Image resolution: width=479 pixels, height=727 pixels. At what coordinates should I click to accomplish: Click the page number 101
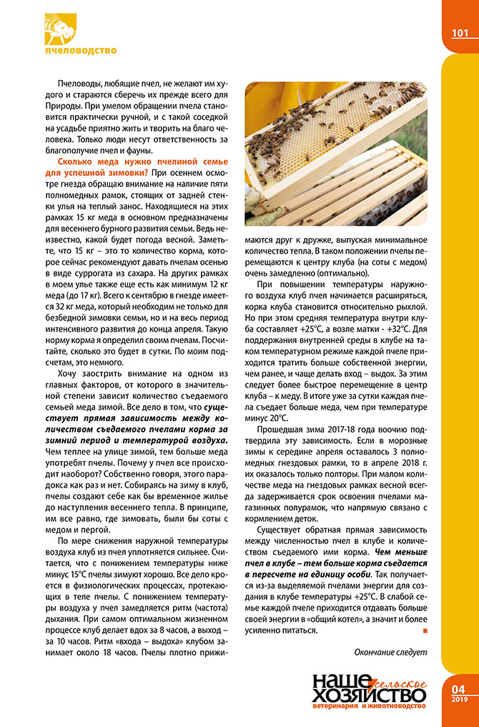coord(460,33)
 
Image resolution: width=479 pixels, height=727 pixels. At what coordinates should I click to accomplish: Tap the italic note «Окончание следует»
coord(390,651)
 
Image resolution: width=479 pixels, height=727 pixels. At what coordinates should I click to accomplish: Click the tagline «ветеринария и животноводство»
coord(370,707)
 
